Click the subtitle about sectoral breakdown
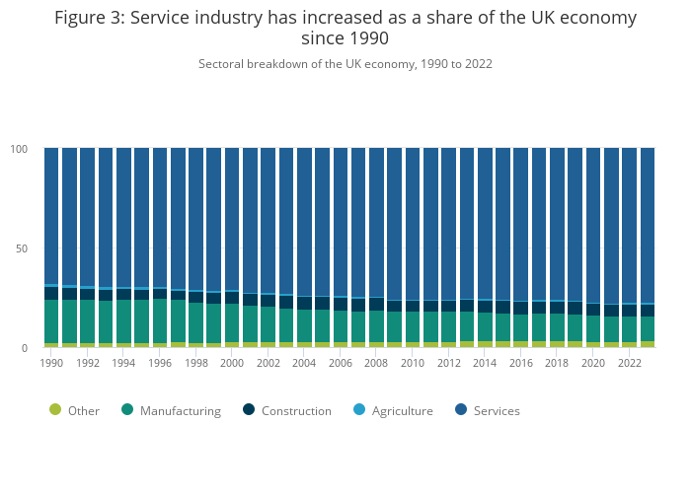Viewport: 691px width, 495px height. pyautogui.click(x=345, y=64)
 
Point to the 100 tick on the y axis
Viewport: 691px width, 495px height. pyautogui.click(x=20, y=149)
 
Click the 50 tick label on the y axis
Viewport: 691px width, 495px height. pyautogui.click(x=23, y=248)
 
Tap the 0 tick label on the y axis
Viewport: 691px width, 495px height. pyautogui.click(x=26, y=348)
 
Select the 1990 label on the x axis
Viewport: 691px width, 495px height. pyautogui.click(x=51, y=363)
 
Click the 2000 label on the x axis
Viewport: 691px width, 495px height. pyautogui.click(x=232, y=363)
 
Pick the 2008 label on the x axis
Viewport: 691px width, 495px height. pyautogui.click(x=376, y=363)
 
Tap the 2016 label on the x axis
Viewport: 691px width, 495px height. pyautogui.click(x=520, y=363)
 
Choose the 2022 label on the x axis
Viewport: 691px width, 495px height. pyautogui.click(x=629, y=363)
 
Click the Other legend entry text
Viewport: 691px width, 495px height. pyautogui.click(x=84, y=411)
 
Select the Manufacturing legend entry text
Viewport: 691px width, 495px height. pyautogui.click(x=181, y=411)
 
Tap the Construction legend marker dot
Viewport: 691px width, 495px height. pyautogui.click(x=249, y=410)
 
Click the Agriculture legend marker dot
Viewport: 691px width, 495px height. pyautogui.click(x=359, y=410)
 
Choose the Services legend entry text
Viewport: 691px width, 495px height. pyautogui.click(x=496, y=411)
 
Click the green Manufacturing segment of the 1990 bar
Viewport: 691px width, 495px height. pyautogui.click(x=51, y=321)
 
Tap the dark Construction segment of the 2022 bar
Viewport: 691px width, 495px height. pyautogui.click(x=629, y=311)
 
